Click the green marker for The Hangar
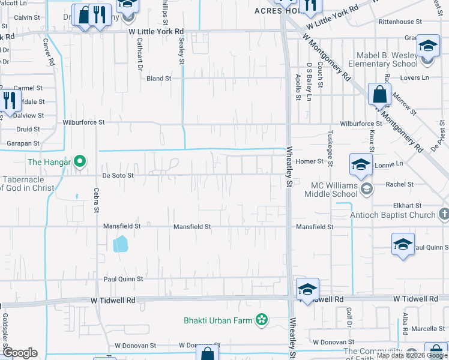pos(79,161)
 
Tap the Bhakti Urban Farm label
pos(218,320)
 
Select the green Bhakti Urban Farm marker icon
pos(261,320)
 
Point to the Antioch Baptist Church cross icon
pos(444,214)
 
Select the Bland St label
pos(159,79)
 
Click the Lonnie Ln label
pos(389,164)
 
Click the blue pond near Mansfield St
pos(120,243)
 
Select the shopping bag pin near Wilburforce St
pos(379,94)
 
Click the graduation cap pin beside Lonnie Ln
pos(360,165)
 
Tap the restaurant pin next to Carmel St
pos(9,100)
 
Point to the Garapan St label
pos(23,144)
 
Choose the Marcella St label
pos(428,329)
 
